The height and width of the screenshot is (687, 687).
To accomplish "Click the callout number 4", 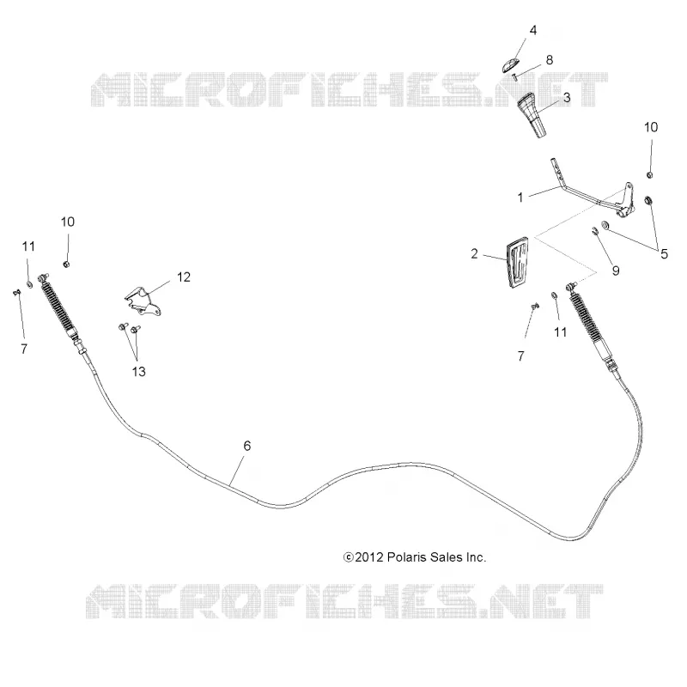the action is click(x=532, y=30).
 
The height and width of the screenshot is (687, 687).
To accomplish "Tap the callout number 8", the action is click(x=550, y=60).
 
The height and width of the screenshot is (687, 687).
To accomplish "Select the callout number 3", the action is click(x=567, y=97).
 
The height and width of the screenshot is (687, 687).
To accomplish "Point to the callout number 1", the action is click(x=520, y=198).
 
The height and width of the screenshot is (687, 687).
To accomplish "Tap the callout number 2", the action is click(x=474, y=253).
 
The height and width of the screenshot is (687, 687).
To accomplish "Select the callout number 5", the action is click(x=664, y=253).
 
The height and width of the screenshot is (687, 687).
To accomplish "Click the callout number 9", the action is click(x=616, y=271).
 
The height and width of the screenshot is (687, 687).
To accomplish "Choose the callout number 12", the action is click(x=184, y=277).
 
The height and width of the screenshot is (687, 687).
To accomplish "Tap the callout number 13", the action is click(x=138, y=372).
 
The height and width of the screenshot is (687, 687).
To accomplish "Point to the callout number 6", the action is click(x=247, y=446).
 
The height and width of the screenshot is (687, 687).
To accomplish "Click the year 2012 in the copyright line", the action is click(x=368, y=557).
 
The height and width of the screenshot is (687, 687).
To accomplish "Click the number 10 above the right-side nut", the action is click(x=651, y=127).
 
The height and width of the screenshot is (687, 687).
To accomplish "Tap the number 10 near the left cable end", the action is click(x=68, y=222).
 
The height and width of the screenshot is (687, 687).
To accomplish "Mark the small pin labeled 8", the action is click(x=515, y=78).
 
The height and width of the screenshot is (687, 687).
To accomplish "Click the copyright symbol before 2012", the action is click(x=349, y=557).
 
